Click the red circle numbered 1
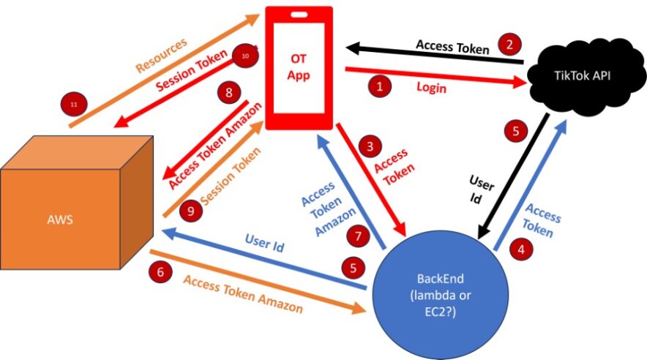click(x=378, y=86)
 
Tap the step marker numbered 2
click(x=509, y=44)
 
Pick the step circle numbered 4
click(x=520, y=249)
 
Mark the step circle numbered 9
click(x=192, y=211)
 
